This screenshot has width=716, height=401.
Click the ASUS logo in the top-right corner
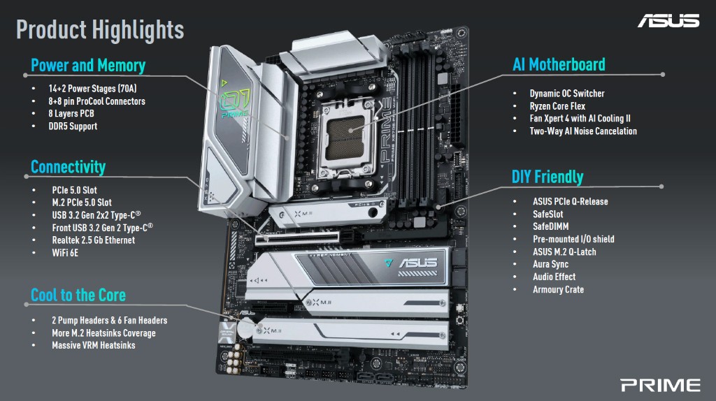(668, 21)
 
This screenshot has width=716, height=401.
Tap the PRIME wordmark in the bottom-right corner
(660, 386)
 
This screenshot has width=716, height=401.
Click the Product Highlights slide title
(100, 30)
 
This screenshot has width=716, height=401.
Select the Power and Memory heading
(88, 65)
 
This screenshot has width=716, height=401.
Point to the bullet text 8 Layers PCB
(71, 114)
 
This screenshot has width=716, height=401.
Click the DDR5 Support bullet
(73, 126)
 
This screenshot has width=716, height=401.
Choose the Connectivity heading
(68, 167)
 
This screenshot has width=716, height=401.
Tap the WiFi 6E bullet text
(65, 253)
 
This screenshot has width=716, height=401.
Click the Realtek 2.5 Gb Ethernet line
(94, 240)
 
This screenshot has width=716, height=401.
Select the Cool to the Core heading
(78, 296)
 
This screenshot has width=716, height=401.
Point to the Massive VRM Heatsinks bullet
(94, 345)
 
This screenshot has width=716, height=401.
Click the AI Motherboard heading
(559, 64)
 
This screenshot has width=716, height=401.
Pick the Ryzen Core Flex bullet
(557, 105)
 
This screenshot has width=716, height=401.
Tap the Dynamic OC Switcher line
(567, 94)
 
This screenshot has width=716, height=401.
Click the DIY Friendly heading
(547, 177)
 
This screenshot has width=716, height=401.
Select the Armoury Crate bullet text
(559, 289)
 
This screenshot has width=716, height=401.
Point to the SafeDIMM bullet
(551, 226)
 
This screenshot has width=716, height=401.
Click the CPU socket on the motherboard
(348, 138)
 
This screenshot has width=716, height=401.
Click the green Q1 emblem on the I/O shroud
(235, 100)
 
